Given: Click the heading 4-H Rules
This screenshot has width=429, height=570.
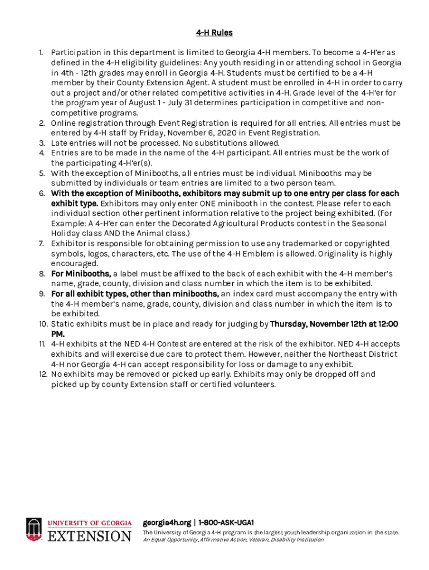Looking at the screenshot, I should tap(214, 33).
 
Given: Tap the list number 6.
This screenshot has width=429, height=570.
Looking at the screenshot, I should tap(42, 193).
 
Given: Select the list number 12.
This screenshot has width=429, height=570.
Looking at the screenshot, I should tap(42, 374).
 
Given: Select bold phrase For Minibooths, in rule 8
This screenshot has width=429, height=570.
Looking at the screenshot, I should tap(81, 273).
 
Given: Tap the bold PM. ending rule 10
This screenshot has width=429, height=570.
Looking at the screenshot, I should tap(58, 334).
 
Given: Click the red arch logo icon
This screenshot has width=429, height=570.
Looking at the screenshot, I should tap(34, 529).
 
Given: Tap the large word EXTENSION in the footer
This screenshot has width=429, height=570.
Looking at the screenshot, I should tap(90, 536).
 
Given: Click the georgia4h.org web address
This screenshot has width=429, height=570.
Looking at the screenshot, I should tap(166, 523).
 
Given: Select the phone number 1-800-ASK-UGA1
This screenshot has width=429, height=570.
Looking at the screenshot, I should tap(226, 523).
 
